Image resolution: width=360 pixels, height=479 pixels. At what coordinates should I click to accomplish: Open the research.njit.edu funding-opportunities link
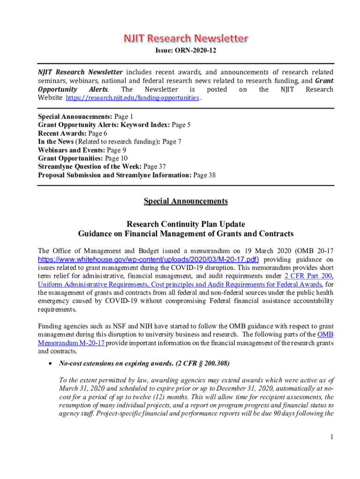[x=132, y=98]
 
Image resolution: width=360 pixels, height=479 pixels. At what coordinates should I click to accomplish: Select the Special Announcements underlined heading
[x=186, y=201]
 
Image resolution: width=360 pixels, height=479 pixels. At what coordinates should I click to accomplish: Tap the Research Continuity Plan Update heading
[x=186, y=224]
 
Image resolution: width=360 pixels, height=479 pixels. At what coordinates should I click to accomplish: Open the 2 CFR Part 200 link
[x=309, y=276]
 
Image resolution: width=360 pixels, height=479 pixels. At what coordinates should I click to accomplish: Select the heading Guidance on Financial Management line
[x=186, y=233]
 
